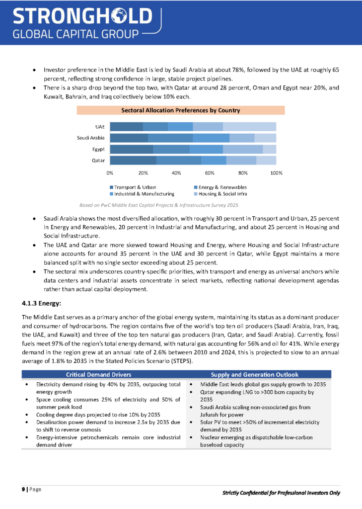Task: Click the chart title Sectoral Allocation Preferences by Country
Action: [x=181, y=110]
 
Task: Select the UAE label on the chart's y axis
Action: [x=99, y=127]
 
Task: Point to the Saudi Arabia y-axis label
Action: [x=91, y=138]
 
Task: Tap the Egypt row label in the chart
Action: [x=98, y=149]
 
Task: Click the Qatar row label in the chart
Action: [x=98, y=160]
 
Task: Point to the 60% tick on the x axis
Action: [x=210, y=173]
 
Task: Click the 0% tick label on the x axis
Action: [x=110, y=173]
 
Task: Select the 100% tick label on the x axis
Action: [x=276, y=173]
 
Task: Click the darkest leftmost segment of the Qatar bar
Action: [x=133, y=160]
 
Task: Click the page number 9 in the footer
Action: [x=23, y=489]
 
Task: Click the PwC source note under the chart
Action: [x=159, y=205]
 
